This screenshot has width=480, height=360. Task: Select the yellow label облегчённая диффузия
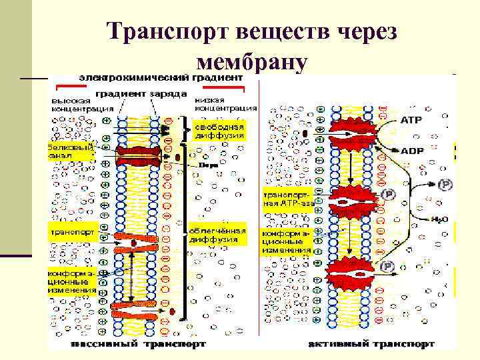(217, 235)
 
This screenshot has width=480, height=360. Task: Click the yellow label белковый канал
(69, 151)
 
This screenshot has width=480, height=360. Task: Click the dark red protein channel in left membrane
(139, 155)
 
